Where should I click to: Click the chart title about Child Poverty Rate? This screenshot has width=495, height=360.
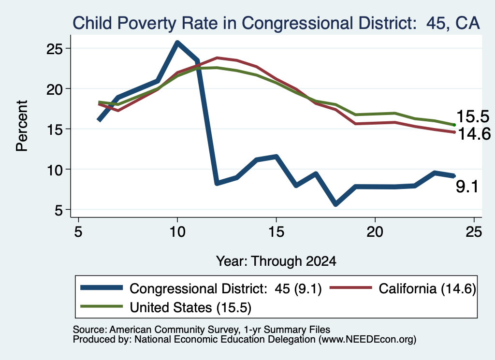pos(276,23)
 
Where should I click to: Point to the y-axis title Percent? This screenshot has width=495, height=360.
pos(22,126)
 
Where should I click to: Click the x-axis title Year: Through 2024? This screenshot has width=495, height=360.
pos(276,261)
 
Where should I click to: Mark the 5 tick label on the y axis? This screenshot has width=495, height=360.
pos(58,210)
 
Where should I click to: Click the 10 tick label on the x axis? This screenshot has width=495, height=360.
pos(177,232)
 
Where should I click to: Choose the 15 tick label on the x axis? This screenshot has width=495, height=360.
pos(276,232)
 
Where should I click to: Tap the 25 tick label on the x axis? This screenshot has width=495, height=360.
pos(474,232)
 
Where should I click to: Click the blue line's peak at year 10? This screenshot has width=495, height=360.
pos(177,43)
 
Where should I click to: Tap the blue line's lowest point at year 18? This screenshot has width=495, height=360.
pos(335,204)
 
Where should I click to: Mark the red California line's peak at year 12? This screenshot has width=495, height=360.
pos(217,58)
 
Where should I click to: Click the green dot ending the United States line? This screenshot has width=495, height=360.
pos(454,125)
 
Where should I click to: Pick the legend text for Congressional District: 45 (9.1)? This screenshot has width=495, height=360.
pos(225,288)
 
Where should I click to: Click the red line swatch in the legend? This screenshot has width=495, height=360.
pos(351,288)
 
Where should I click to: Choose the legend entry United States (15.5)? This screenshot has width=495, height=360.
pos(166,307)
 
